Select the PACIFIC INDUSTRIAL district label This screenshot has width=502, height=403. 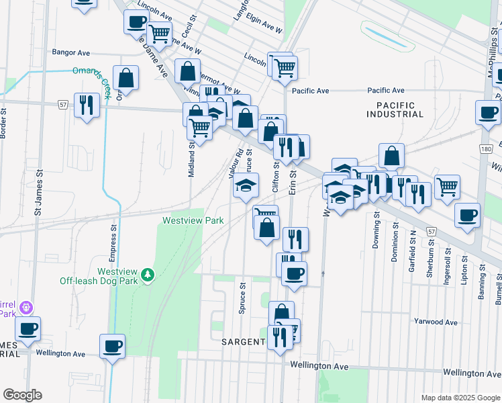tap(395, 110)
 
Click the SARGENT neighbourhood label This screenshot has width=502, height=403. tap(243, 342)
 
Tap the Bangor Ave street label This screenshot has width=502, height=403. tap(71, 52)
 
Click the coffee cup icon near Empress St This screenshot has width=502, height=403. tap(112, 347)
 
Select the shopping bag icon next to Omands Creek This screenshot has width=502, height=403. tap(125, 78)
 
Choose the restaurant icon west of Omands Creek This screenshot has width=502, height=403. tap(87, 105)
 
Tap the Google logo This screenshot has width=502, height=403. tap(22, 395)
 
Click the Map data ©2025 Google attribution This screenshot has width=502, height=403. tap(460, 398)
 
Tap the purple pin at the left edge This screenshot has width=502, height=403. tap(26, 307)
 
